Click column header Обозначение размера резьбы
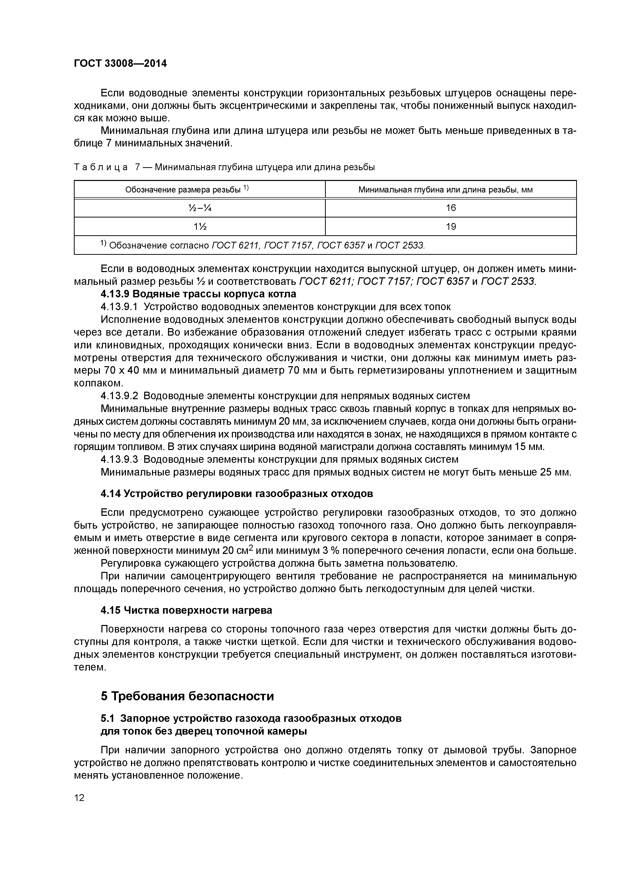click(x=187, y=189)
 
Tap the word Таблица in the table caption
click(x=100, y=167)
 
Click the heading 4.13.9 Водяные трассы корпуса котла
click(x=198, y=294)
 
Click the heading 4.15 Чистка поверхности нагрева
click(x=186, y=610)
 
